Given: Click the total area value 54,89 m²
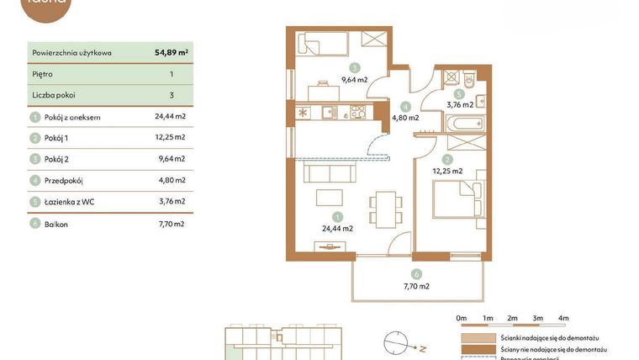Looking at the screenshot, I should click(x=171, y=52).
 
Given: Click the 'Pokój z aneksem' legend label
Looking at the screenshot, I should click(x=72, y=117).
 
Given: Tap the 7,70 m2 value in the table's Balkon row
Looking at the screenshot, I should click(x=170, y=224).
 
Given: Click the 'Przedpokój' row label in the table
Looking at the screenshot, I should click(x=64, y=180).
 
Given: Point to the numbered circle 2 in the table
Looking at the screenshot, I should click(x=35, y=138).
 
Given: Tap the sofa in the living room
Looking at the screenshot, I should click(x=329, y=172).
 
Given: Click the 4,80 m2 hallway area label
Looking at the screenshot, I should click(x=405, y=118).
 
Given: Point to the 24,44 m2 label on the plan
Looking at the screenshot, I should click(x=336, y=228).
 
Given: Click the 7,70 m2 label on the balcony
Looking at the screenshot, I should click(x=415, y=286).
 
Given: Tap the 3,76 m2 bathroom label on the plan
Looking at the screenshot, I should click(x=460, y=105).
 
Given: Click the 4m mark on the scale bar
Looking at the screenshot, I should click(x=563, y=318).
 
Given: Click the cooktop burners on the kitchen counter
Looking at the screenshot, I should click(x=357, y=111).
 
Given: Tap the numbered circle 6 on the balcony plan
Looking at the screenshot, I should click(x=415, y=274).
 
